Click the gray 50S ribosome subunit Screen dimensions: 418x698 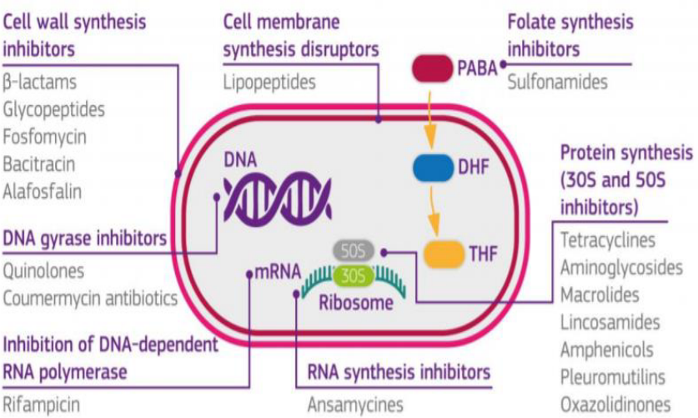pos(354,250)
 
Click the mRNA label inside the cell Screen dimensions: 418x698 pos(277,272)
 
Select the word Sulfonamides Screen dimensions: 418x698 pos(558,82)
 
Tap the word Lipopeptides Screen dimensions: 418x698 pos(269,82)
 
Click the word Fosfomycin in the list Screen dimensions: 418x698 pos(44,136)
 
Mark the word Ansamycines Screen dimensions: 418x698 pos(355,405)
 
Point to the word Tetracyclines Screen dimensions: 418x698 pos(608,241)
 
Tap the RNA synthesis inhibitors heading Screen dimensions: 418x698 pos(399,370)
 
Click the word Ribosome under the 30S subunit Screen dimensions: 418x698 pos(355,303)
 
